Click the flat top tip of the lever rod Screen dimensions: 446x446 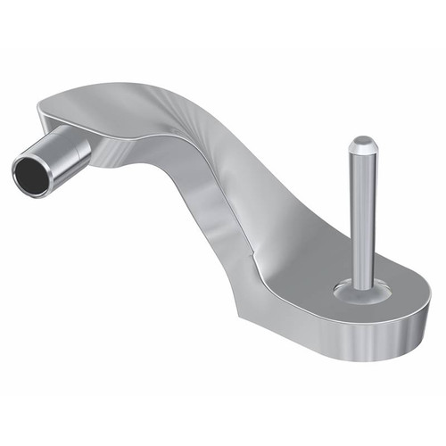(361, 141)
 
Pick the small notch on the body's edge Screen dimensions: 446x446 (252, 266)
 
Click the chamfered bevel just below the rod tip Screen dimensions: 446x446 (361, 152)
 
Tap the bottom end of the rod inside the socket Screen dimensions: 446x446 (365, 284)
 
